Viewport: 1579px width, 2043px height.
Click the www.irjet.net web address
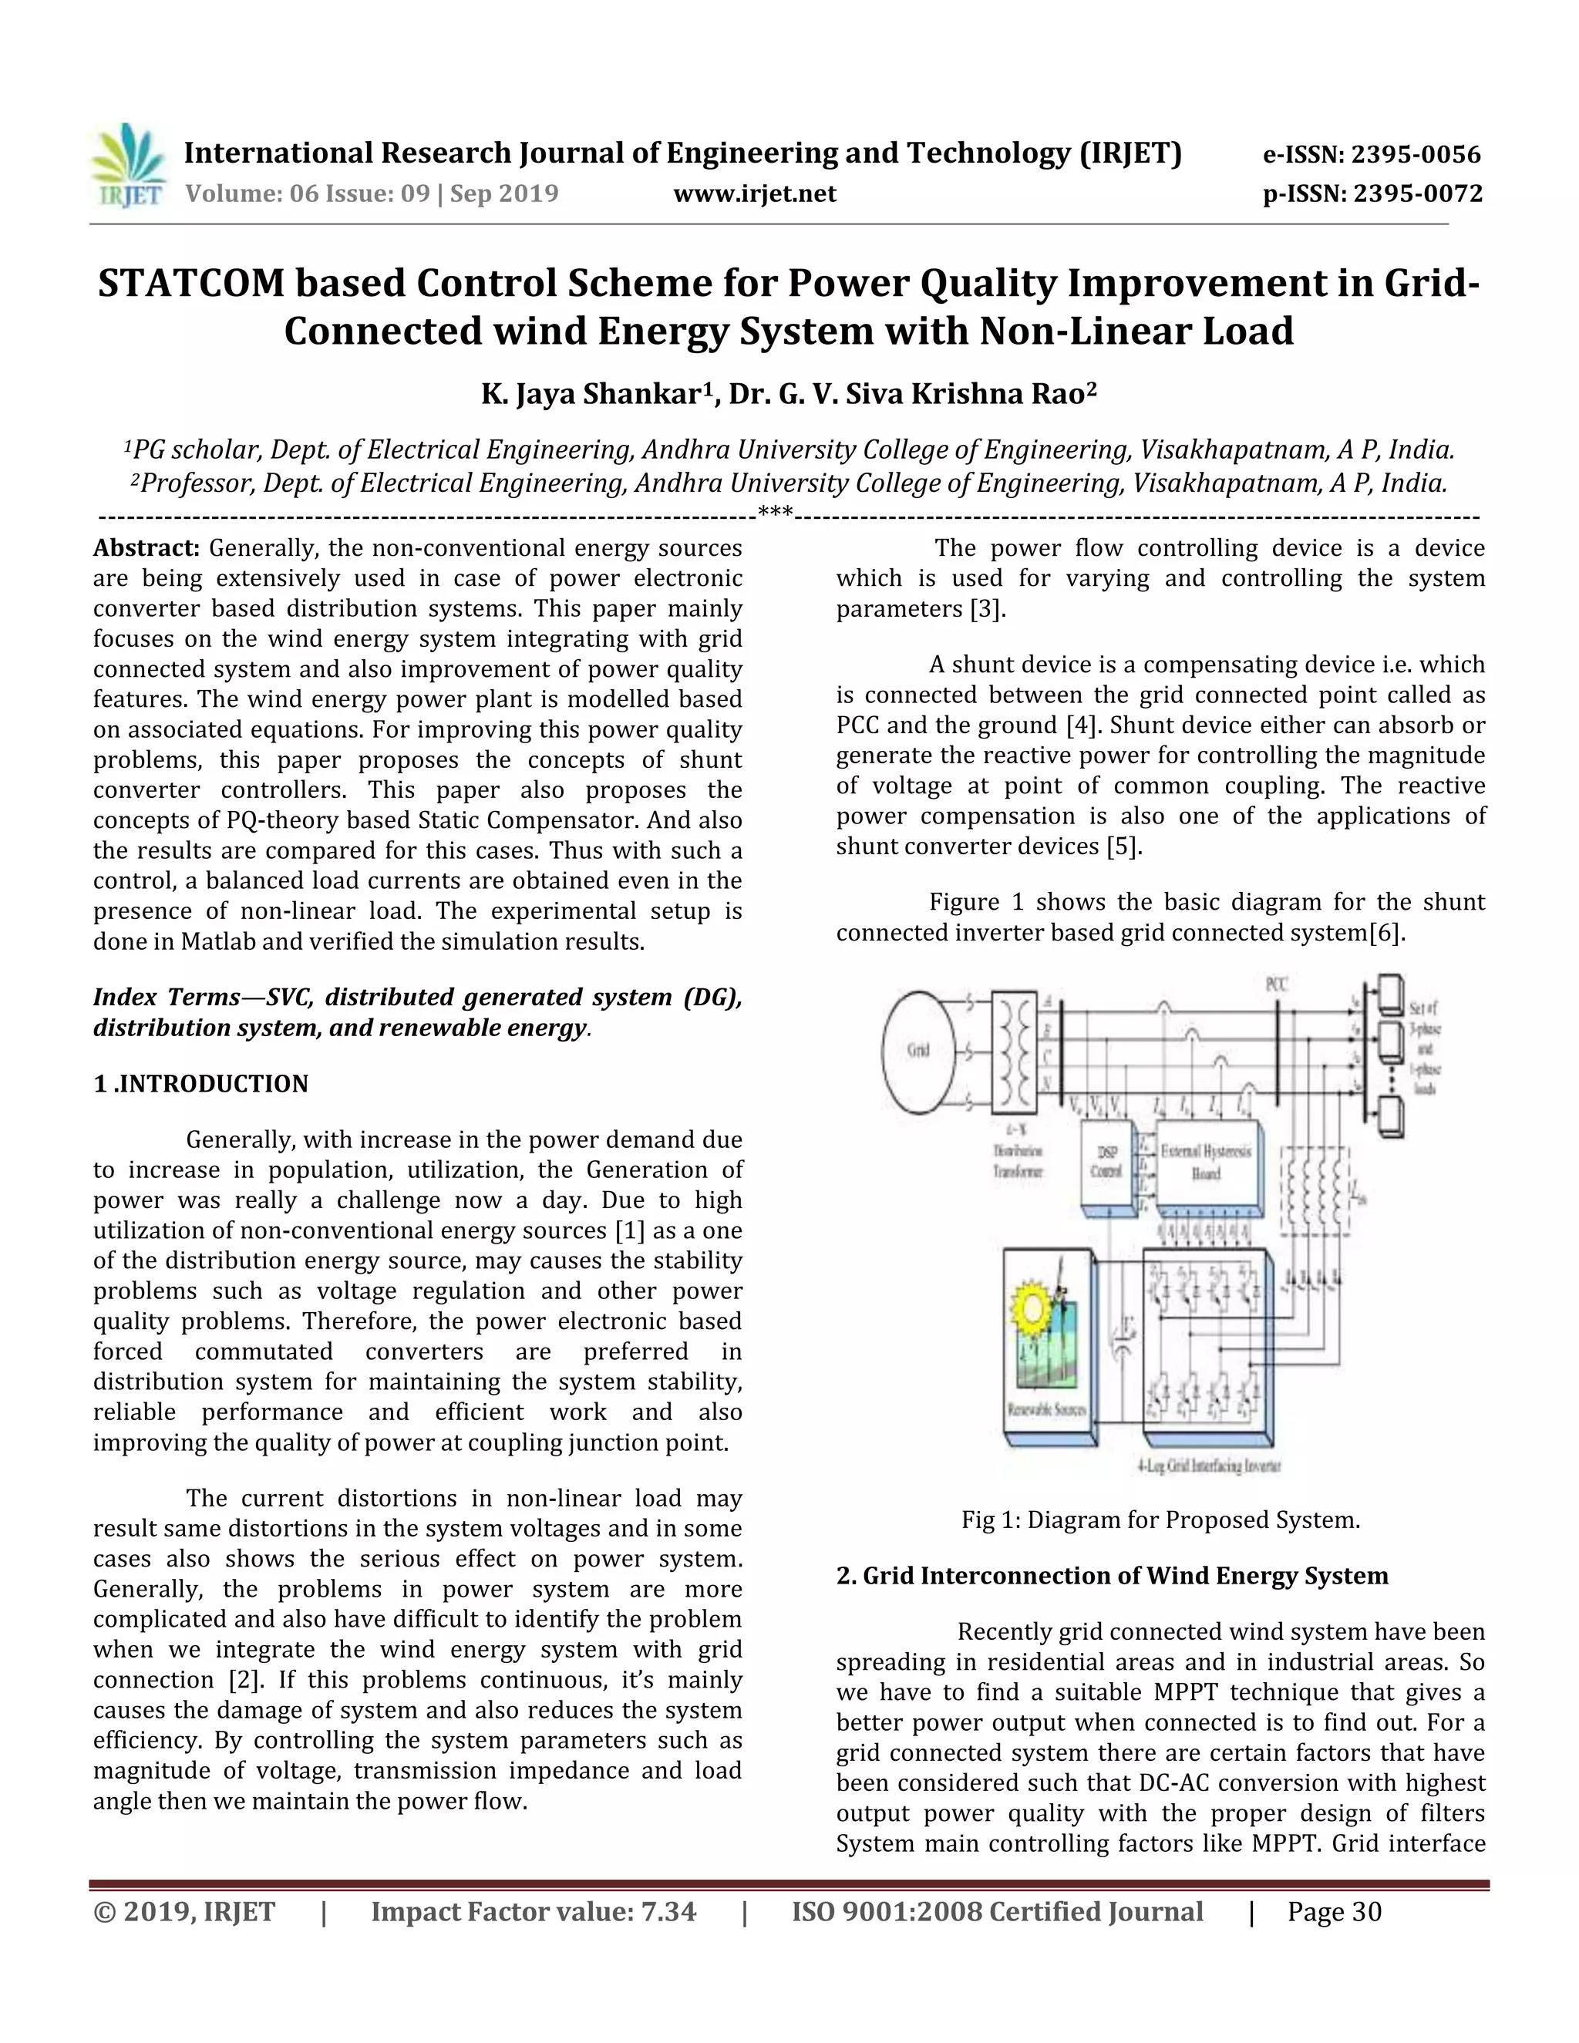point(754,194)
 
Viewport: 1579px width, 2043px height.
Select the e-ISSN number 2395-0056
point(1372,154)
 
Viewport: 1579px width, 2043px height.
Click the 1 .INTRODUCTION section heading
point(200,1083)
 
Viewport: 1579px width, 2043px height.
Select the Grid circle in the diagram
point(917,1049)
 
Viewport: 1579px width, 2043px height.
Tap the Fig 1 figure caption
point(1160,1520)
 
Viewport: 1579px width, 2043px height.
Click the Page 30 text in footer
point(1334,1912)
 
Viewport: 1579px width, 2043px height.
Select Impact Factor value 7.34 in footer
point(534,1912)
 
